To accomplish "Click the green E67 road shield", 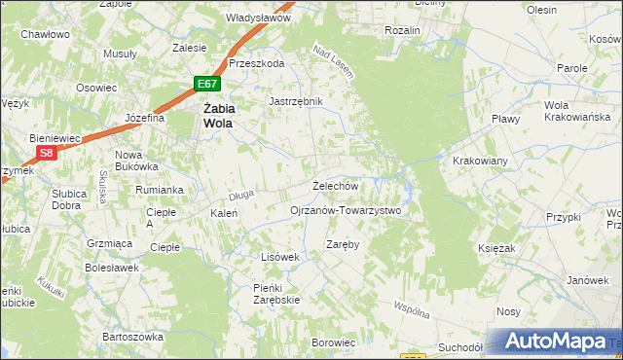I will pyautogui.click(x=205, y=86).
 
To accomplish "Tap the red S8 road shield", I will pyautogui.click(x=46, y=153).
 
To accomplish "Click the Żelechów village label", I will pyautogui.click(x=335, y=186).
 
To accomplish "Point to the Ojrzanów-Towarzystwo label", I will pyautogui.click(x=346, y=210).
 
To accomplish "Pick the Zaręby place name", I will pyautogui.click(x=343, y=244).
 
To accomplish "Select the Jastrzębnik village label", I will pyautogui.click(x=295, y=100).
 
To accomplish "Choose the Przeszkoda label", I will pyautogui.click(x=256, y=63).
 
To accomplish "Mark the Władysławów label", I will pyautogui.click(x=259, y=18).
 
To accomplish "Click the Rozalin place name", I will pyautogui.click(x=402, y=31).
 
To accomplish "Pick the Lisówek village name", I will pyautogui.click(x=278, y=256).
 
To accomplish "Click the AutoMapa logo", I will pyautogui.click(x=552, y=340).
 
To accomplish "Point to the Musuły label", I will pyautogui.click(x=120, y=54).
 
